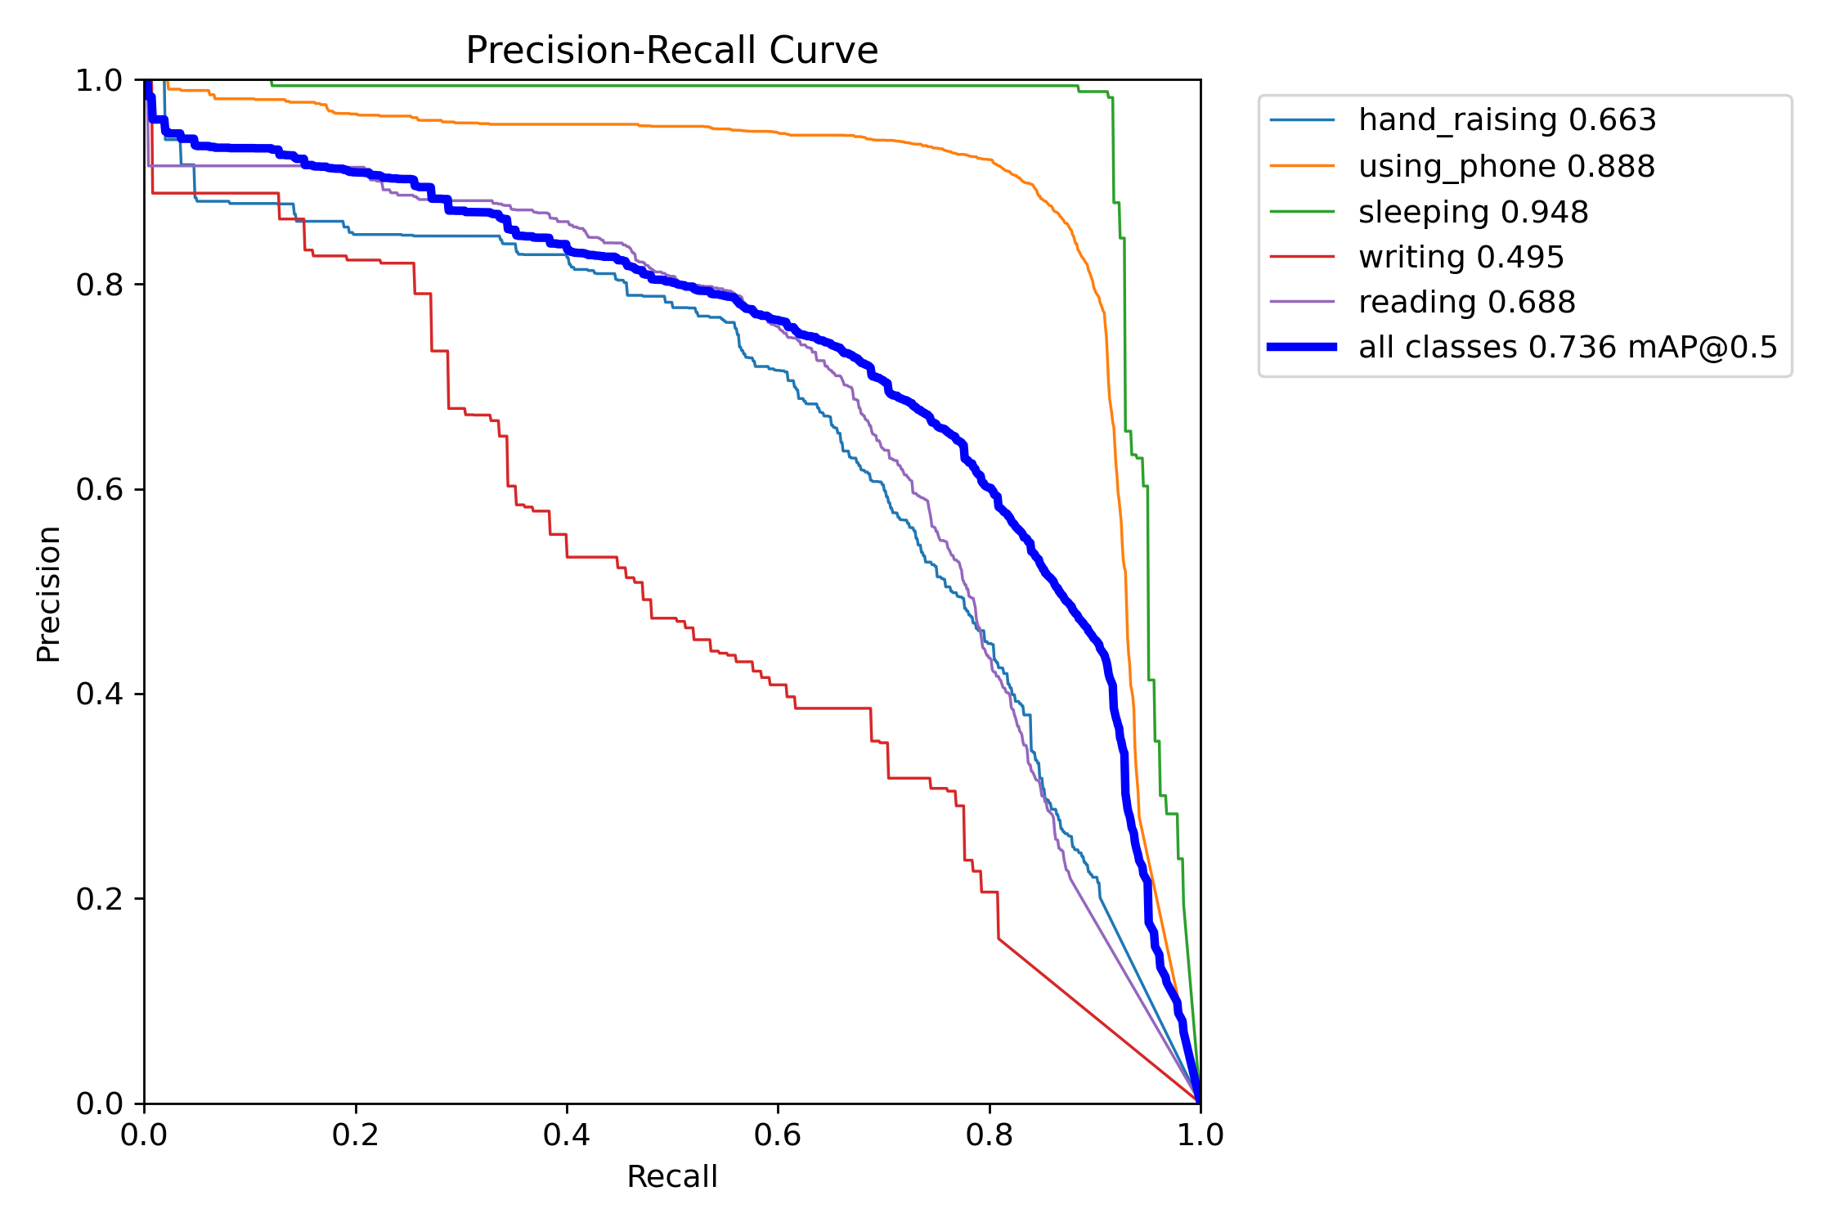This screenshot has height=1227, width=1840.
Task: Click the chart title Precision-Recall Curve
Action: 671,51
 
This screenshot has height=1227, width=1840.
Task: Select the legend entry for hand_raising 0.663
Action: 1506,120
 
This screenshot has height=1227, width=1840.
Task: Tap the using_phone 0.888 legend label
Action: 1506,167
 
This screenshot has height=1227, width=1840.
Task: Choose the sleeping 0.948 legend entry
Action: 1473,213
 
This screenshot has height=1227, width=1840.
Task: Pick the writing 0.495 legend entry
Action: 1461,258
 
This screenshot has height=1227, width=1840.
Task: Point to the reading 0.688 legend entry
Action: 1466,303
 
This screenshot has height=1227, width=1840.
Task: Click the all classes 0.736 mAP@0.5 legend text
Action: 1568,348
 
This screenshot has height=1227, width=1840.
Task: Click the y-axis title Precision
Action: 48,594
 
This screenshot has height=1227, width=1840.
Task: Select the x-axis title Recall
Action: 671,1177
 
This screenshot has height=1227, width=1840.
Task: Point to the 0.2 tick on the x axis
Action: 356,1135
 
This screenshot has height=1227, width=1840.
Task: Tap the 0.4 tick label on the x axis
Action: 567,1135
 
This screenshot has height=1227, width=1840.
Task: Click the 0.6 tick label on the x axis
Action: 778,1135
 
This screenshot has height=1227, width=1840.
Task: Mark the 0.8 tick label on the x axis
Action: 989,1135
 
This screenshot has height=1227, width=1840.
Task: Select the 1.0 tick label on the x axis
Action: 1200,1135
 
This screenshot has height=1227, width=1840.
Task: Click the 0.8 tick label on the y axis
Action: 98,285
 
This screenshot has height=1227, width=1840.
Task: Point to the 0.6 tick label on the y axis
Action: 98,490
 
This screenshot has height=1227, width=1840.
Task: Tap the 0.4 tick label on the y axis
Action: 98,694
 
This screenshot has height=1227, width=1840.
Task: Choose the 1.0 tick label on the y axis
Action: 98,81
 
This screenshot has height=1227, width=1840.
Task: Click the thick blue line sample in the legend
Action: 1302,347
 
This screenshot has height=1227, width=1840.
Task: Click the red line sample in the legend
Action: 1302,257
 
